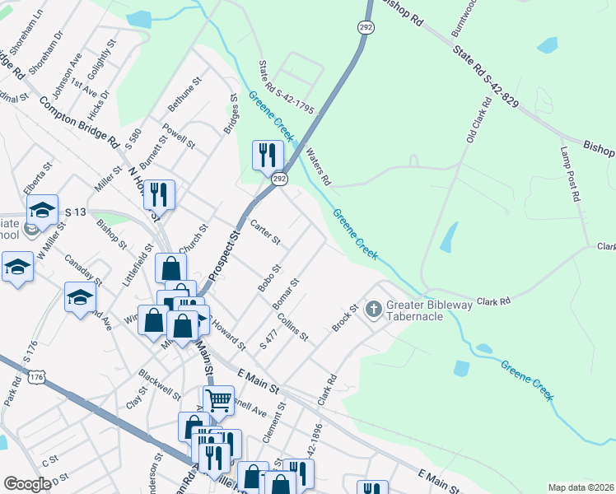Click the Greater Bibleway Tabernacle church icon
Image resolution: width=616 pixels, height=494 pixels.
[x=373, y=310]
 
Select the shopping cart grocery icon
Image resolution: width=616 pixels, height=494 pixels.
[x=218, y=401]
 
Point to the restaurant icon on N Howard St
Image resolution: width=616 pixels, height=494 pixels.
[x=159, y=194]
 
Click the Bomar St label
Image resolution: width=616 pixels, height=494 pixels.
[x=286, y=294]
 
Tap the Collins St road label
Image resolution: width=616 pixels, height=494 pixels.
[x=292, y=327]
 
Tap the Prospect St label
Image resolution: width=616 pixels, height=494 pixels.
[x=222, y=259]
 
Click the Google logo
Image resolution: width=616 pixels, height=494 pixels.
[x=27, y=484]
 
